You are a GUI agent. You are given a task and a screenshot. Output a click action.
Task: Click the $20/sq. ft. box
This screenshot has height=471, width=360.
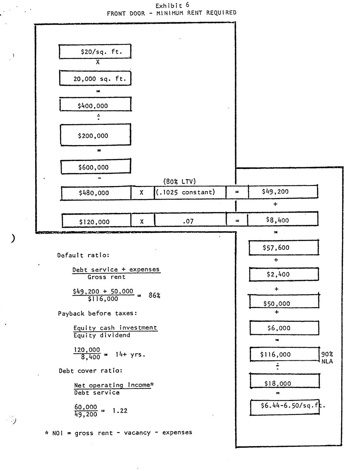tap(95, 52)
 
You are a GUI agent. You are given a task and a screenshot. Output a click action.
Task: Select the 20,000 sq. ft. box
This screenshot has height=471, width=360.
tap(95, 78)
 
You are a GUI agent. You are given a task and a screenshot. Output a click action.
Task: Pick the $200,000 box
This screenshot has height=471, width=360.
tap(95, 135)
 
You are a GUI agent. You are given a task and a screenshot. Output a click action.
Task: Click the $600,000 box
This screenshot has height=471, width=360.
tap(96, 167)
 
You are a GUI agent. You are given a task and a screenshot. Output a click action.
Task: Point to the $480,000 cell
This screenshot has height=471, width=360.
tap(96, 193)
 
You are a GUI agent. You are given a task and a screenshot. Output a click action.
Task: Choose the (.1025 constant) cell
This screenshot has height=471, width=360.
tap(190, 192)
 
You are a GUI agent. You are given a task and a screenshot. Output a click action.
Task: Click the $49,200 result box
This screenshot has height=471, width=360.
tap(283, 191)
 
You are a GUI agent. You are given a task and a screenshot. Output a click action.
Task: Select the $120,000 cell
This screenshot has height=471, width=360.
tap(96, 221)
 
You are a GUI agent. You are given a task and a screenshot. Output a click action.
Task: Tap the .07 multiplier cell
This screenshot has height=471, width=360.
tap(190, 221)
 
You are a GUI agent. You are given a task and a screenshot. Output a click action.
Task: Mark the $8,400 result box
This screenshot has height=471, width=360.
tap(283, 219)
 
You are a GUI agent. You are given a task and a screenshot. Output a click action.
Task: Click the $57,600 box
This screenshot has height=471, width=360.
tap(284, 248)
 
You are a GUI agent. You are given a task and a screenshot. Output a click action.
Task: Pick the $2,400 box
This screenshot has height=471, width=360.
tap(284, 274)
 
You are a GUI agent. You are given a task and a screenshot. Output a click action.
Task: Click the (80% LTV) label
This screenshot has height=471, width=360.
tap(179, 182)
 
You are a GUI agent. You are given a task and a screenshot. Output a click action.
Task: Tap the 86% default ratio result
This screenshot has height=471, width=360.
tap(154, 295)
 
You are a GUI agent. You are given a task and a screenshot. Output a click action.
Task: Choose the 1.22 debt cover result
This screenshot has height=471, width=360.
tap(120, 411)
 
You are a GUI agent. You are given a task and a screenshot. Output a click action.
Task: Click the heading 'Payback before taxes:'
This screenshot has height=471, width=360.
tap(97, 313)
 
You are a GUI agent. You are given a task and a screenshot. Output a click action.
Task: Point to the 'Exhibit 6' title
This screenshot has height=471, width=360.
tap(172, 5)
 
